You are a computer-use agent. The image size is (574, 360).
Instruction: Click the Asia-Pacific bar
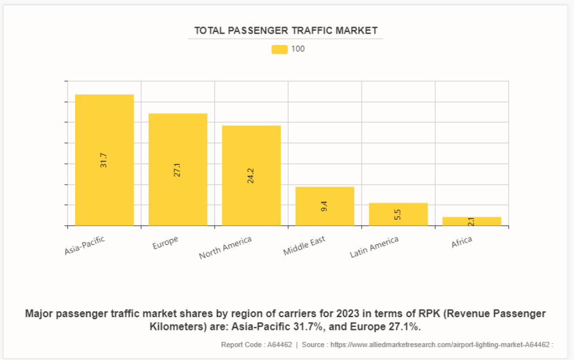point(104,133)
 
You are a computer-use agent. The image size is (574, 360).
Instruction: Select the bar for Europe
point(178,145)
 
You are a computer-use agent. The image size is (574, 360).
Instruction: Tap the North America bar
point(251,150)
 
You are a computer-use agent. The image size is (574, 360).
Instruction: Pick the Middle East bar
point(325,197)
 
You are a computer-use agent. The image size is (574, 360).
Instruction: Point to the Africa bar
point(472,221)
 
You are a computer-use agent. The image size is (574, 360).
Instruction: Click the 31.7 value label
point(104,160)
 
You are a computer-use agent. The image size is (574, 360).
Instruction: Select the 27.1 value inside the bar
point(178,170)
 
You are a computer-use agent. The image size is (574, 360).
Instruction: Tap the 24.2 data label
point(251,176)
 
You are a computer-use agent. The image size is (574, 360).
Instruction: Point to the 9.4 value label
point(325,206)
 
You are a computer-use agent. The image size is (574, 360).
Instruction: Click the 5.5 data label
point(398,214)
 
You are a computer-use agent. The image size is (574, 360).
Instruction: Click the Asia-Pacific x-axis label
point(85,245)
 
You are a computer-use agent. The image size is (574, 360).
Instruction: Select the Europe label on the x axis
point(165,243)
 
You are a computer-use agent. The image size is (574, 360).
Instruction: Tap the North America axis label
point(226,248)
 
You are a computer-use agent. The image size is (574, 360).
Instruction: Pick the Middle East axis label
point(304,246)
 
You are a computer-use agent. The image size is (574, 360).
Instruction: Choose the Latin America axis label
point(374,247)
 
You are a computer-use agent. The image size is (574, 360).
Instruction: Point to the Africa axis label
point(462,242)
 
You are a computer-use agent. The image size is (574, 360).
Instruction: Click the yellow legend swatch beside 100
point(279,49)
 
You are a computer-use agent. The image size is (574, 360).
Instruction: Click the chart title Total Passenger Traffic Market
point(285,31)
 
